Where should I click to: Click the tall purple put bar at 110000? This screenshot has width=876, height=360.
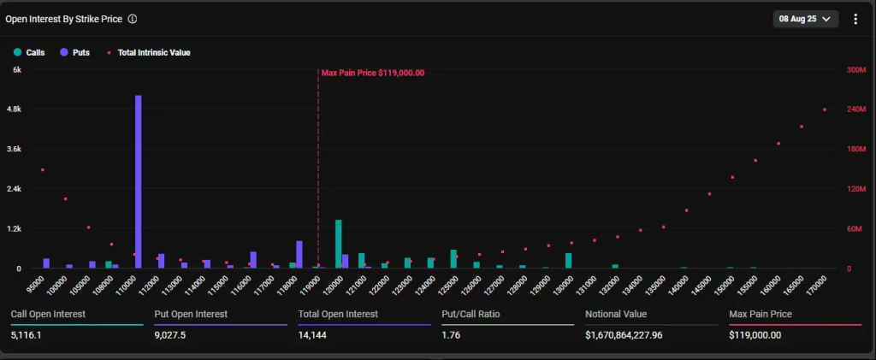click(139, 181)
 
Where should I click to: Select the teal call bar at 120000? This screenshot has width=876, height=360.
click(339, 244)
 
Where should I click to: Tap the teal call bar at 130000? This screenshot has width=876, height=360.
click(568, 260)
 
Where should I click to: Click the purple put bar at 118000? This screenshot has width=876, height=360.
click(299, 254)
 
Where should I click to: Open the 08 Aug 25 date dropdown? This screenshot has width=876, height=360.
click(806, 19)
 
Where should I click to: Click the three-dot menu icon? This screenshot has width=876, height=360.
click(855, 19)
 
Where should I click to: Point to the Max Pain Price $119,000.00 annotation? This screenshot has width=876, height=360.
click(373, 73)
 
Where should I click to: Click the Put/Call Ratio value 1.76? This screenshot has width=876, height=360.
click(452, 335)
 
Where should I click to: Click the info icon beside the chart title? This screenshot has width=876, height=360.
click(133, 19)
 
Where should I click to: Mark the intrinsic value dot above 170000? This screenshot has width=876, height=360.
click(825, 109)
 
